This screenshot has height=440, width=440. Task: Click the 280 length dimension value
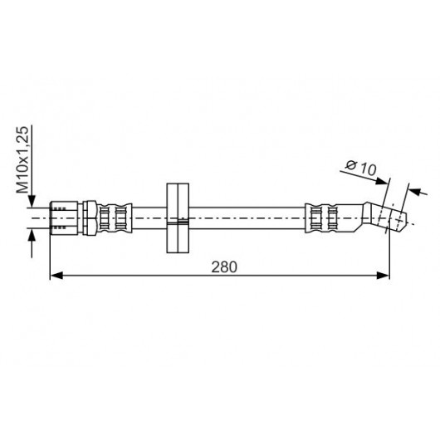click(224, 266)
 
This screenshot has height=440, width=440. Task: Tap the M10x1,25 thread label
click(22, 159)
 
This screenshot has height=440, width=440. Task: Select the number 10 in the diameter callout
click(368, 169)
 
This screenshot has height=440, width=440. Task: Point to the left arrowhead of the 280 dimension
click(56, 276)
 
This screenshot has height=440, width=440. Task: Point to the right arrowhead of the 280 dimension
click(383, 276)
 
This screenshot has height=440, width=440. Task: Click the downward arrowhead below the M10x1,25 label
click(32, 201)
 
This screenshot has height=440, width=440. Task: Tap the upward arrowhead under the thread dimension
click(32, 236)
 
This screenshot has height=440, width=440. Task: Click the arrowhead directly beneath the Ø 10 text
click(382, 181)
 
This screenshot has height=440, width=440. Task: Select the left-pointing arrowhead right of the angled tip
click(414, 192)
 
